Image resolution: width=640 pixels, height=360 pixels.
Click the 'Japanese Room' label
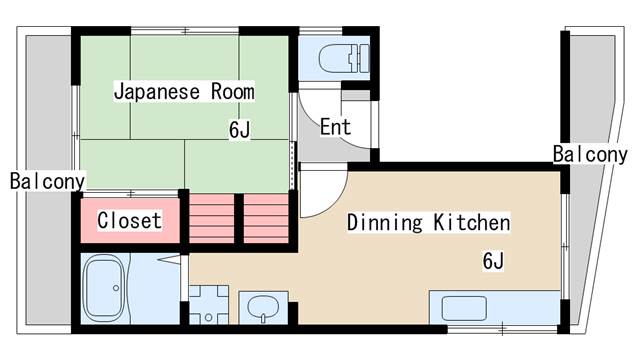(184, 92)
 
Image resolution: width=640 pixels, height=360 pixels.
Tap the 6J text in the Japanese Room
(239, 130)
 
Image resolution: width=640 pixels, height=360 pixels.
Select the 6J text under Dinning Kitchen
(492, 261)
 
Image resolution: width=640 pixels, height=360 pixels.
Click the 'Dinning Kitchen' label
(428, 222)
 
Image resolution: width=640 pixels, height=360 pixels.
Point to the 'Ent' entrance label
(335, 127)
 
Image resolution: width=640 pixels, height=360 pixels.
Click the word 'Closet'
(129, 220)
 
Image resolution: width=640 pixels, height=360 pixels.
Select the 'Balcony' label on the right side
(590, 154)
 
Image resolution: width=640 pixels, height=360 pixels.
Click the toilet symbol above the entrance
(330, 58)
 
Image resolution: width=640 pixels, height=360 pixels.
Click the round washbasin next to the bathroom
(263, 306)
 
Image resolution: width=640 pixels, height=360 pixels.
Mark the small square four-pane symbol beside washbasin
(209, 304)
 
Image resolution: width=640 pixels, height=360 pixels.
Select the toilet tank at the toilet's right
(359, 58)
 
